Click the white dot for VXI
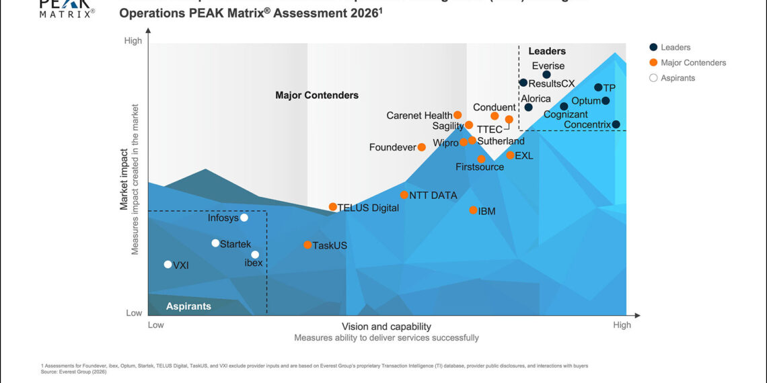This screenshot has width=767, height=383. [x=168, y=265]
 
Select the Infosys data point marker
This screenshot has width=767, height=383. [x=244, y=218]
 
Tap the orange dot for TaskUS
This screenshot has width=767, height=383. [x=307, y=245]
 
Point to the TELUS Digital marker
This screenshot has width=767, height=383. [x=332, y=207]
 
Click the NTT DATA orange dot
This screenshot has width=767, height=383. [x=404, y=195]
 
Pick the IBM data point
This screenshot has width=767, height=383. [x=473, y=210]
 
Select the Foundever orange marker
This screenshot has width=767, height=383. [x=422, y=147]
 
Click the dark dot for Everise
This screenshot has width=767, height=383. [x=547, y=75]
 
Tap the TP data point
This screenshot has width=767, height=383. [x=598, y=87]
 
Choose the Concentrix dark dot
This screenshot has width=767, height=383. [x=616, y=124]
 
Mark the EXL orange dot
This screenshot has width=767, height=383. [x=510, y=155]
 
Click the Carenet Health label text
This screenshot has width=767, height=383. [x=419, y=116]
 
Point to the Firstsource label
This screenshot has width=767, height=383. [x=480, y=167]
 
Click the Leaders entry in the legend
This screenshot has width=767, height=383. [x=675, y=47]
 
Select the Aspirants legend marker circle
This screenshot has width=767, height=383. [x=653, y=78]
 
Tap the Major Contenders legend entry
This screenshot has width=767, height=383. [x=693, y=62]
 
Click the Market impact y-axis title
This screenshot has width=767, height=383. [x=124, y=179]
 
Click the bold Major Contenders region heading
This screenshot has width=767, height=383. [x=317, y=95]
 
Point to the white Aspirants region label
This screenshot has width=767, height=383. [x=189, y=306]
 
